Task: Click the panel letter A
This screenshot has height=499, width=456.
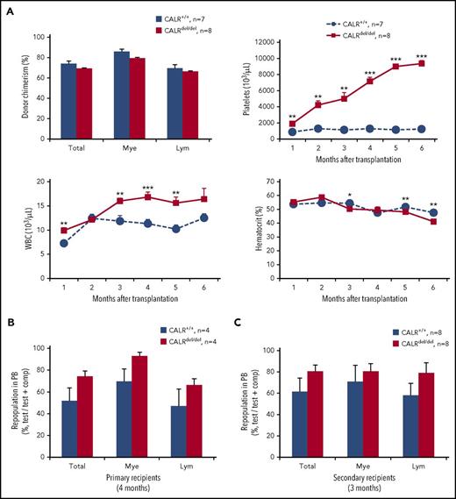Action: (7, 8)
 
